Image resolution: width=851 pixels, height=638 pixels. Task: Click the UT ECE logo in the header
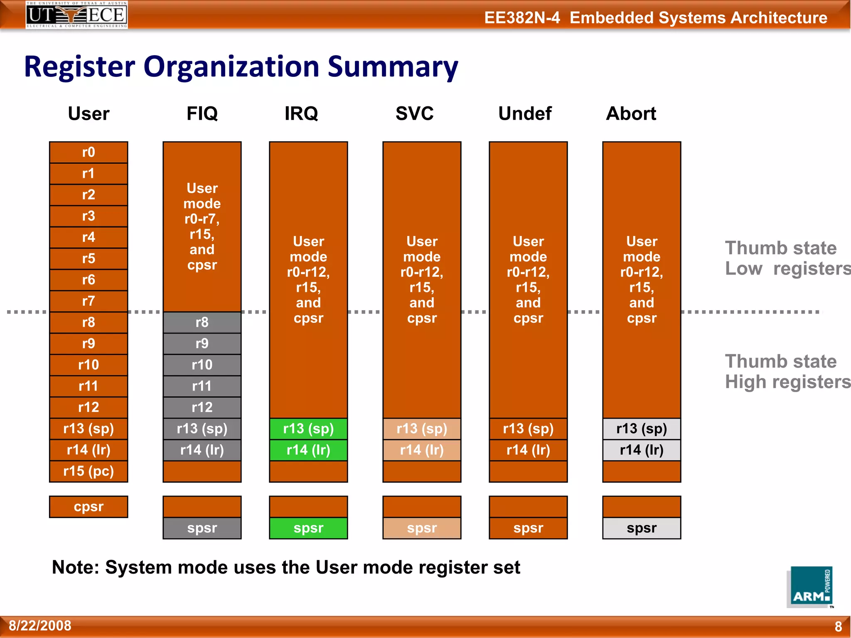point(76,15)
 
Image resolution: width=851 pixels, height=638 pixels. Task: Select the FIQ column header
point(202,113)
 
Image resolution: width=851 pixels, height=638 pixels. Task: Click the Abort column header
point(631,113)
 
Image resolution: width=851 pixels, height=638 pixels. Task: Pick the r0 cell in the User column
point(89,152)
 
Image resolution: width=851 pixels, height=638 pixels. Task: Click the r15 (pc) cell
point(89,471)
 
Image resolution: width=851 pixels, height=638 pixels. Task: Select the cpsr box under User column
point(89,507)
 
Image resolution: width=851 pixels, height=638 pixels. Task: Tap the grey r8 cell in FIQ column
point(202,322)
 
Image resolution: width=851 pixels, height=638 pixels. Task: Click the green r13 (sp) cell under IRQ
point(308,429)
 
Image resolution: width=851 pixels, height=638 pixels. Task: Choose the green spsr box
point(308,528)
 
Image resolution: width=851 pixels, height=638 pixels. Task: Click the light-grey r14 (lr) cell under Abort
point(642,450)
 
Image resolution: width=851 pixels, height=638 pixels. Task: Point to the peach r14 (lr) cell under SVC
point(422,450)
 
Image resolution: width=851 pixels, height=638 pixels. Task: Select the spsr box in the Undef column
point(528,528)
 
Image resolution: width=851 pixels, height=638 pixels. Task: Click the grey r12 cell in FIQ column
point(202,407)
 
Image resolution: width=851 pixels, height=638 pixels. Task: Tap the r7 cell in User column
point(89,301)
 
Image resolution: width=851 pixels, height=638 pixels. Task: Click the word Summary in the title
point(393,67)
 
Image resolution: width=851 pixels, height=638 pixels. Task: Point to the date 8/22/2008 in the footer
point(40,626)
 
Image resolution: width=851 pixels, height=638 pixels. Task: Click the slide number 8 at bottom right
point(838,626)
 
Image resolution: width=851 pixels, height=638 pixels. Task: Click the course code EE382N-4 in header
point(522,18)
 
